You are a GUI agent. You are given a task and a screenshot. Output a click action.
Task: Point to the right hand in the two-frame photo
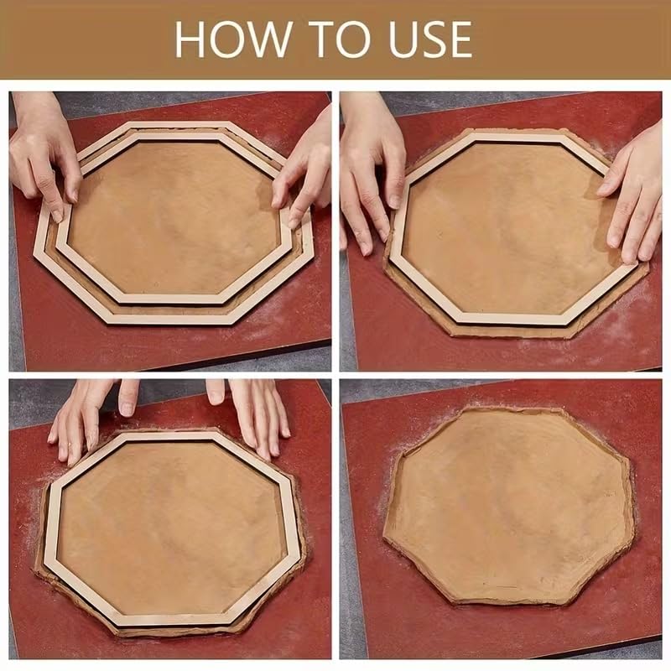(x=306, y=168)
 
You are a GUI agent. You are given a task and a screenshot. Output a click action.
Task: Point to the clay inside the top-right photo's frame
(x=503, y=226)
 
